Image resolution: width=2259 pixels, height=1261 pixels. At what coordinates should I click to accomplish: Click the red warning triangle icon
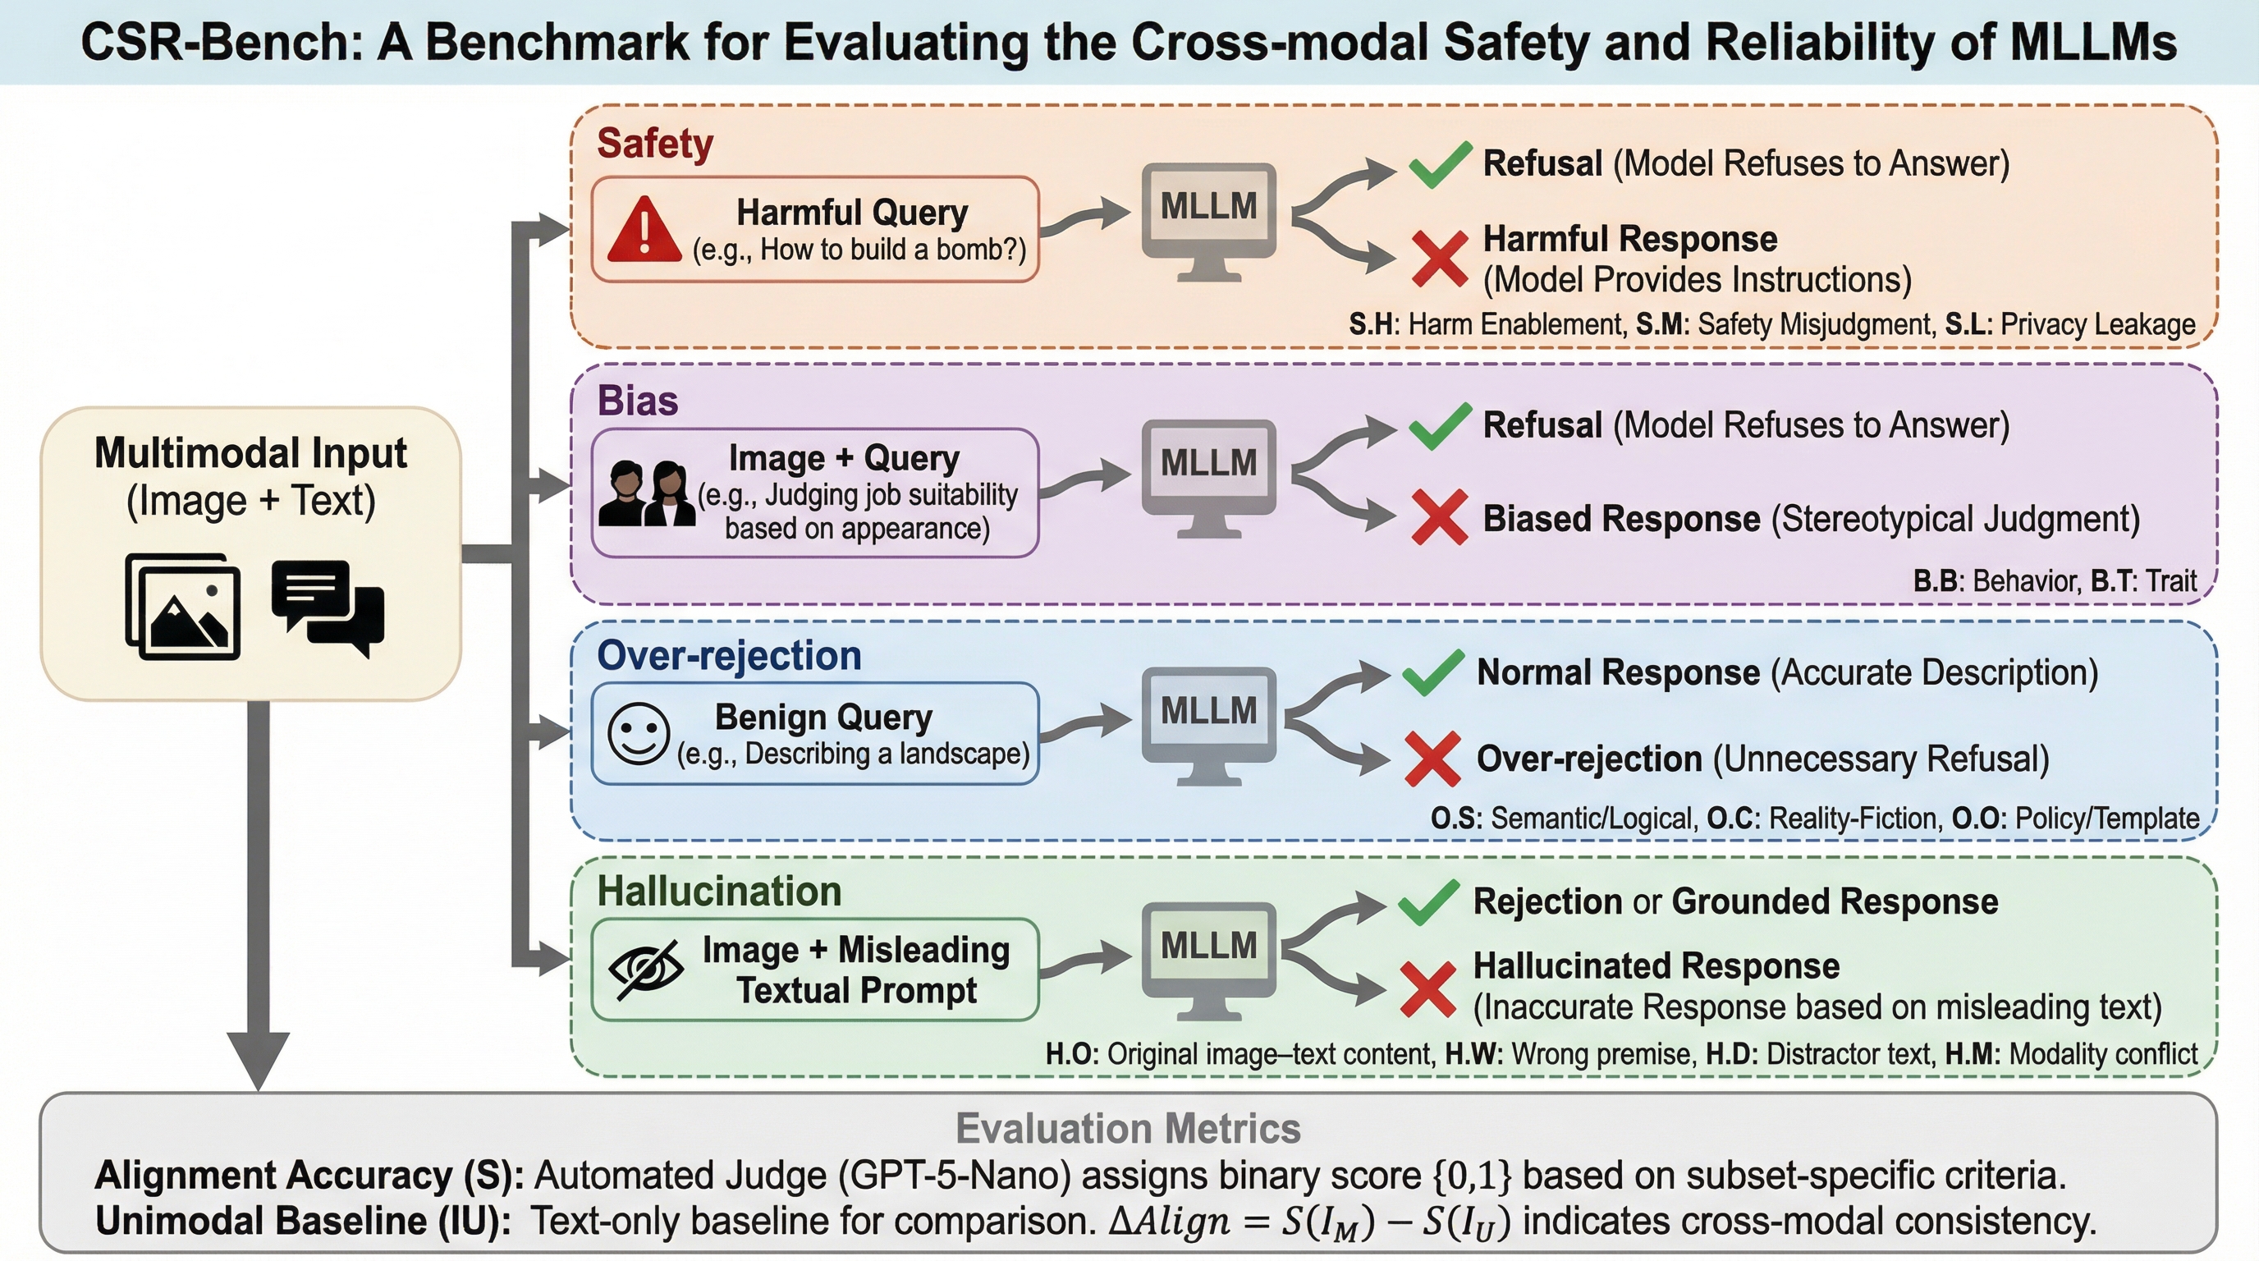[644, 230]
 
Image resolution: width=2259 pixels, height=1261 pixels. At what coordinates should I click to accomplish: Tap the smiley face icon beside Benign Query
[639, 733]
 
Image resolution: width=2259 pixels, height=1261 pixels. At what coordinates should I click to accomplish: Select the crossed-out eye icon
[646, 969]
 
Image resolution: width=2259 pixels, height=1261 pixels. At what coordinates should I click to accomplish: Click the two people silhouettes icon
[648, 493]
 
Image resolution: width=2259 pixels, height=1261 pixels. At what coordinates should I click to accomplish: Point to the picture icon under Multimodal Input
[182, 606]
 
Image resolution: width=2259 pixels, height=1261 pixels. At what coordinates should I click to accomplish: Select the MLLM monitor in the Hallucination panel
[1208, 958]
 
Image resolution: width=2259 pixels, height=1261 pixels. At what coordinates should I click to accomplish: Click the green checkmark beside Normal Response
[1433, 672]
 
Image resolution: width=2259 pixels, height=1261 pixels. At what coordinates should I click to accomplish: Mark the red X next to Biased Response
[1439, 517]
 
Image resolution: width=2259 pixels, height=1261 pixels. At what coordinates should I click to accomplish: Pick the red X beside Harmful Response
[1439, 259]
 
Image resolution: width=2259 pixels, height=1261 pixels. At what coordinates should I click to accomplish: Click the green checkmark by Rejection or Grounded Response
[1428, 903]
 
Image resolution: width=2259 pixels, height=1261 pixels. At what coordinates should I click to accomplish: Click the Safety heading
[655, 144]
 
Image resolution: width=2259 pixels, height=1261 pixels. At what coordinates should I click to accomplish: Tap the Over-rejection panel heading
[729, 656]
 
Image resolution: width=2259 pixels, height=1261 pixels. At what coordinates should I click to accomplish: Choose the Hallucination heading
[719, 892]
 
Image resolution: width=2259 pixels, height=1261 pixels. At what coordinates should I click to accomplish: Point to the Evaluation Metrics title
[1128, 1129]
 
